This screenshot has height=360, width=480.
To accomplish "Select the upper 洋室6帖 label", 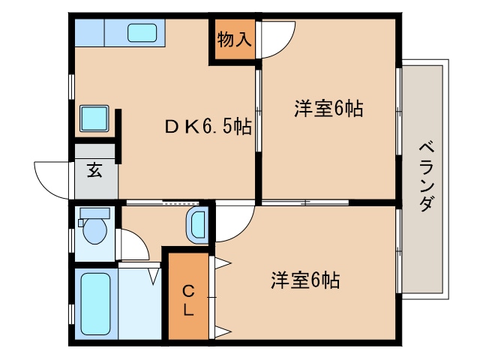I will pos(328,109).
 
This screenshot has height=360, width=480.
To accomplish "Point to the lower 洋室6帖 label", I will pos(305,280).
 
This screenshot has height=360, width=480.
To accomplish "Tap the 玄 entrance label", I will pos(94,170).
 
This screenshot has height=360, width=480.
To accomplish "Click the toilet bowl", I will pos(94,229).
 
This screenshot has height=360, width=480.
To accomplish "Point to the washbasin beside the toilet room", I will pos(196,224).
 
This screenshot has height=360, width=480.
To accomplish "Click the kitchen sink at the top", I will pos(142,34).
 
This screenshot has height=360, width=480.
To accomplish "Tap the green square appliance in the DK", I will pos(96,119).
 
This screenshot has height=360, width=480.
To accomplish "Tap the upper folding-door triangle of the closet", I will pos(223,263).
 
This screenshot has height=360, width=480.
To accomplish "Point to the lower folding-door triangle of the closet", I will pos(223,331).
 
